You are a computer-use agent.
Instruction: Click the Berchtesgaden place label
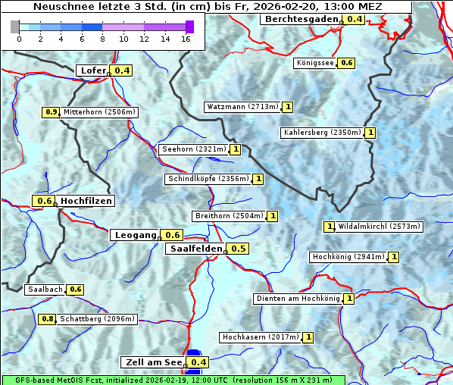[301, 18]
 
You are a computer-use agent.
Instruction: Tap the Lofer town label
[92, 70]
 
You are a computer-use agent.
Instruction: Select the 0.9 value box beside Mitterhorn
[51, 112]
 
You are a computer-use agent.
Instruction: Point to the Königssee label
[315, 63]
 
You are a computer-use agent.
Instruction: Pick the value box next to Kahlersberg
[370, 133]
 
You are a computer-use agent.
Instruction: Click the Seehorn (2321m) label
[193, 149]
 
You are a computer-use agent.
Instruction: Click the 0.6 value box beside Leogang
[173, 235]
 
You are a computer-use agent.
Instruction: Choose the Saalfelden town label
[195, 249]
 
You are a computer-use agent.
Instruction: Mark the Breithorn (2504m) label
[228, 216]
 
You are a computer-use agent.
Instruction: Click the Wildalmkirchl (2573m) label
[379, 226]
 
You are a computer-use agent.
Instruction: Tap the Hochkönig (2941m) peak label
[348, 257]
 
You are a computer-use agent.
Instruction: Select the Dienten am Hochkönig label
[297, 299]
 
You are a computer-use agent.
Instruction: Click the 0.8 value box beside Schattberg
[48, 319]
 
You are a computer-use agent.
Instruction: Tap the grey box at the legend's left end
[15, 27]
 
